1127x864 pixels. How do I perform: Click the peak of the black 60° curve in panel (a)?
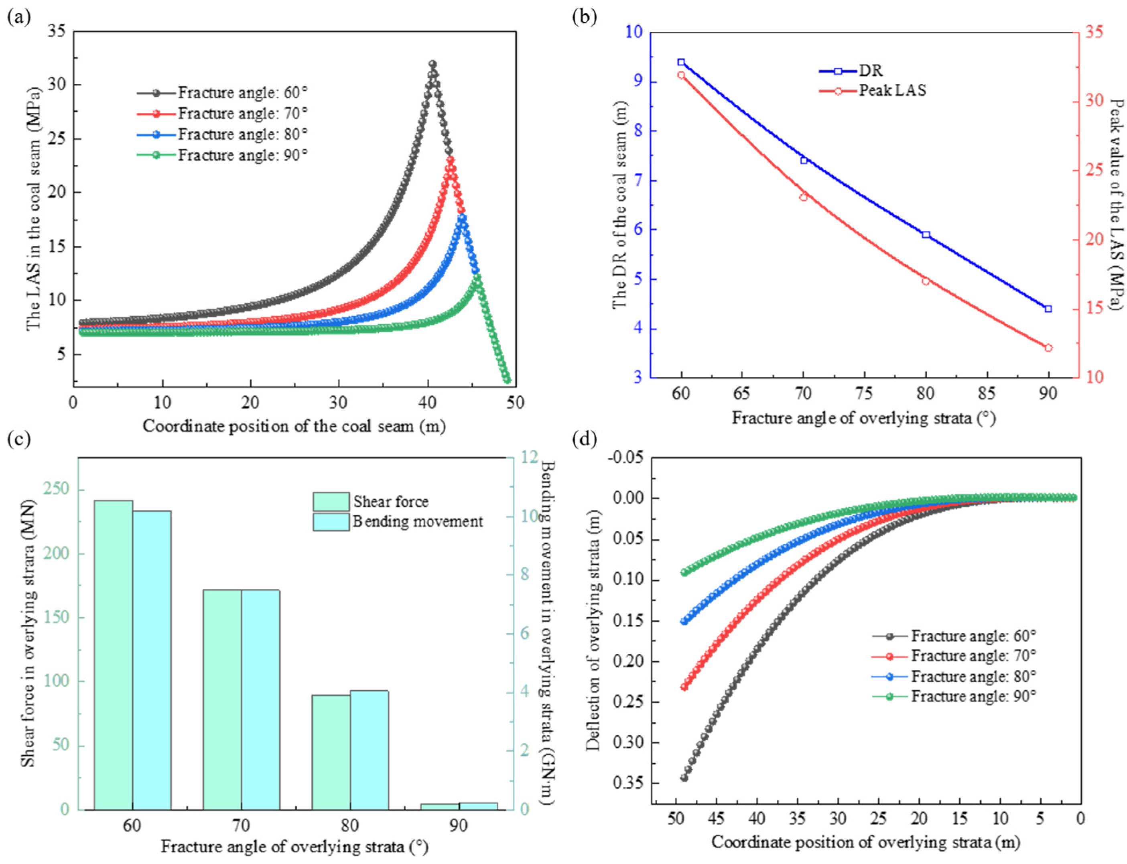433,64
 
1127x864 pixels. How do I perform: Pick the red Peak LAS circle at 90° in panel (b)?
1048,348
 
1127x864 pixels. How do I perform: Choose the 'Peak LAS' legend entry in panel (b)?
873,91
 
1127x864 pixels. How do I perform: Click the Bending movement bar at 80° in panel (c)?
370,750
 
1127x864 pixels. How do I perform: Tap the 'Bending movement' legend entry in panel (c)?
398,521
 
